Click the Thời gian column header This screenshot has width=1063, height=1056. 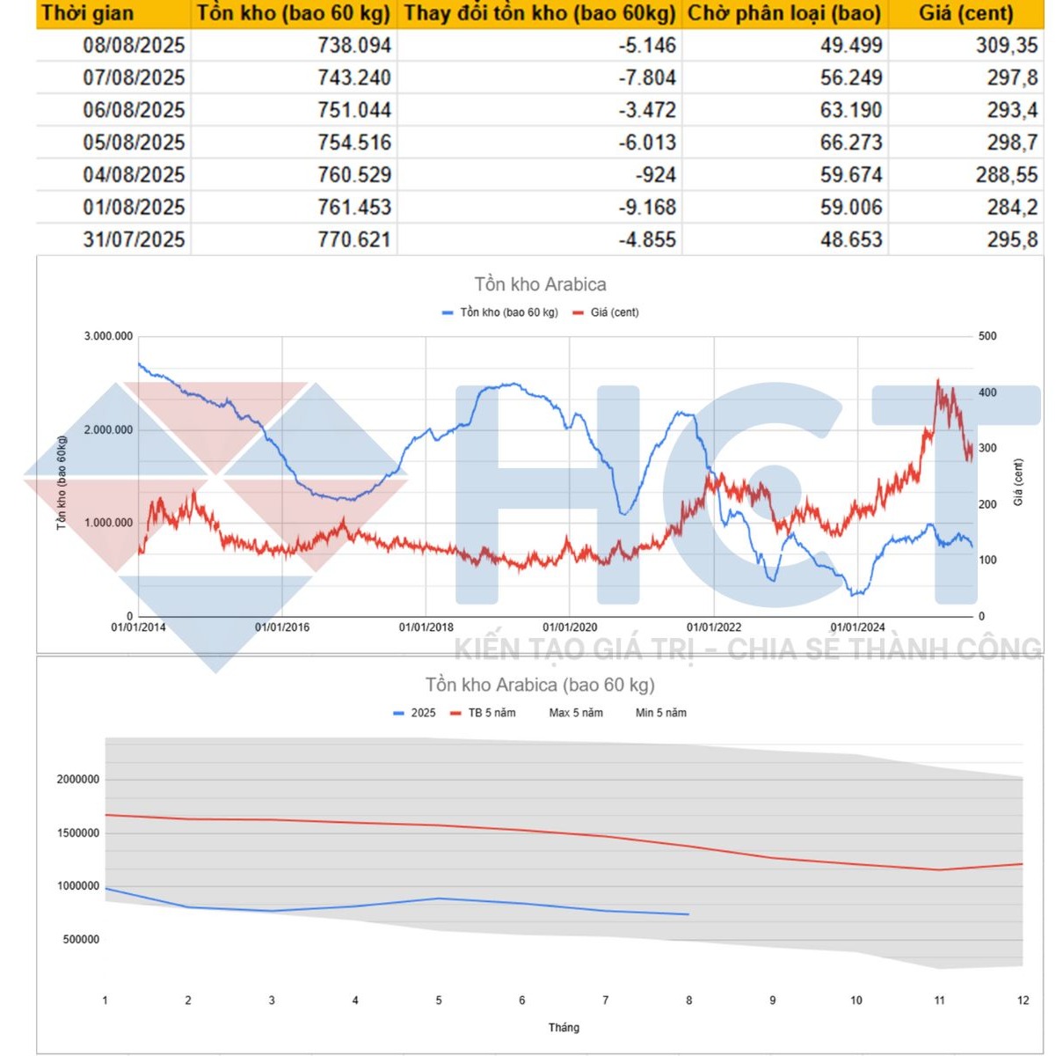[x=88, y=13]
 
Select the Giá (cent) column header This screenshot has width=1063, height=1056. [x=965, y=13]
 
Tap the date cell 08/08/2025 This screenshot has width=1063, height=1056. [x=134, y=45]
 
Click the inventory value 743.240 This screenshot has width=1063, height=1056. [x=354, y=77]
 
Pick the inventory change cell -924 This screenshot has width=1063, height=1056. [x=656, y=174]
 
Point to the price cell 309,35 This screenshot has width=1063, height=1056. [x=1006, y=45]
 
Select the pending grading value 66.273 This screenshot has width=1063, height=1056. [x=850, y=142]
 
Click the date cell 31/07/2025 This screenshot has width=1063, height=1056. [x=134, y=239]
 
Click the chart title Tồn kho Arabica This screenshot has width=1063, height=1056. [x=540, y=284]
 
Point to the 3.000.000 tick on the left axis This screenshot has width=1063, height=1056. [x=108, y=336]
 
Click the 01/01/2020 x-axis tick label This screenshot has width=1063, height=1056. [x=570, y=627]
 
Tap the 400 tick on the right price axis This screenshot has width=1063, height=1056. [x=987, y=392]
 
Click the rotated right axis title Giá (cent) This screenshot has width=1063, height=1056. [x=1018, y=481]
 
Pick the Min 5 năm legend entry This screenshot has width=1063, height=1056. [x=660, y=713]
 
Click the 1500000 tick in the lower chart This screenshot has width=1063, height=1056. [x=78, y=832]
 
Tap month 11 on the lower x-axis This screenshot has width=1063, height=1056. [x=939, y=1001]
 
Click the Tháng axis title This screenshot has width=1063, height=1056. [x=564, y=1027]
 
